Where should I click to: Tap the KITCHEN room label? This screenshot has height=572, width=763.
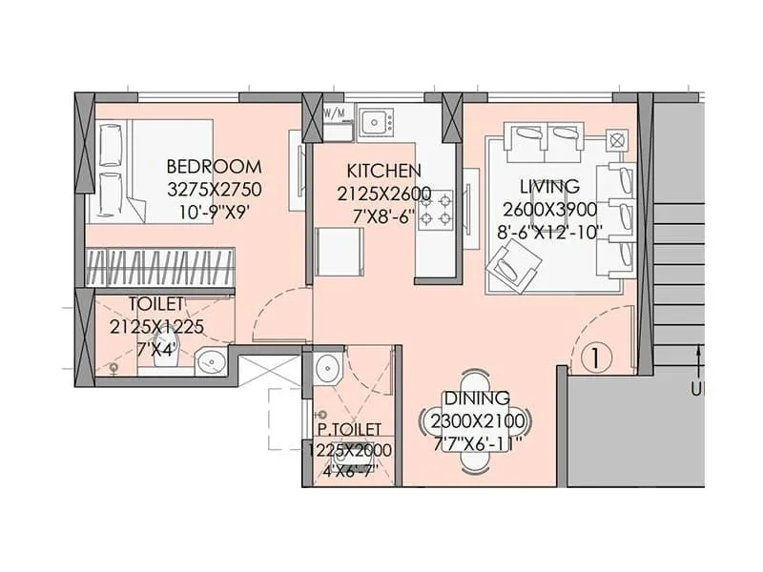click(383, 171)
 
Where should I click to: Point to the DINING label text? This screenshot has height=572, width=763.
click(476, 398)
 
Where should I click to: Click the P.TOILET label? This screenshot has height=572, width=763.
click(350, 430)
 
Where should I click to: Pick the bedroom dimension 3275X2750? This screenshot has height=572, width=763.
click(214, 189)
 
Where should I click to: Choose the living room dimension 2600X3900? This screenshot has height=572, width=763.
click(550, 209)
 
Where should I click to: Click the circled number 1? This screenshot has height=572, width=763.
click(595, 358)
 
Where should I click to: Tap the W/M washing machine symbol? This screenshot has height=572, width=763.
click(336, 114)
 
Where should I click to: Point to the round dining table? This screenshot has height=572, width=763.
click(476, 420)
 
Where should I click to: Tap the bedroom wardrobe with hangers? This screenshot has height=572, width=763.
click(160, 266)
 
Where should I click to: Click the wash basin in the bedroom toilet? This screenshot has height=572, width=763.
click(210, 360)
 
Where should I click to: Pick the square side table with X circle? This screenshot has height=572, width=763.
click(616, 140)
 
